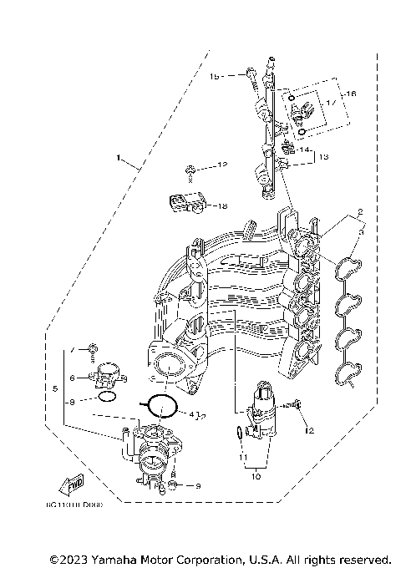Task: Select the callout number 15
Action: (214, 76)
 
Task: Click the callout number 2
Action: (336, 212)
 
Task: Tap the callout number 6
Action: (73, 378)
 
